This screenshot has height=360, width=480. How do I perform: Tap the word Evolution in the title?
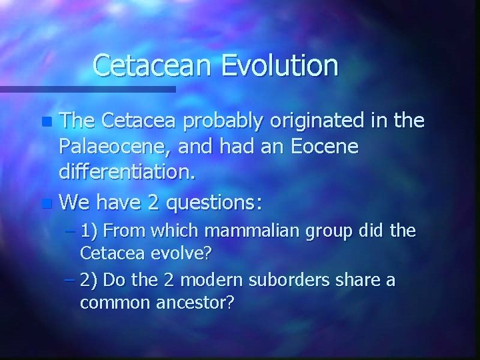coord(280,65)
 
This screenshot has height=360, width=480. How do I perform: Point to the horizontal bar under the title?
coord(87,89)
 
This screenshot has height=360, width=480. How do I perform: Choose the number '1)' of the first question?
coord(89,231)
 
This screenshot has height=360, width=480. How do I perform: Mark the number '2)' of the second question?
coord(89,280)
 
